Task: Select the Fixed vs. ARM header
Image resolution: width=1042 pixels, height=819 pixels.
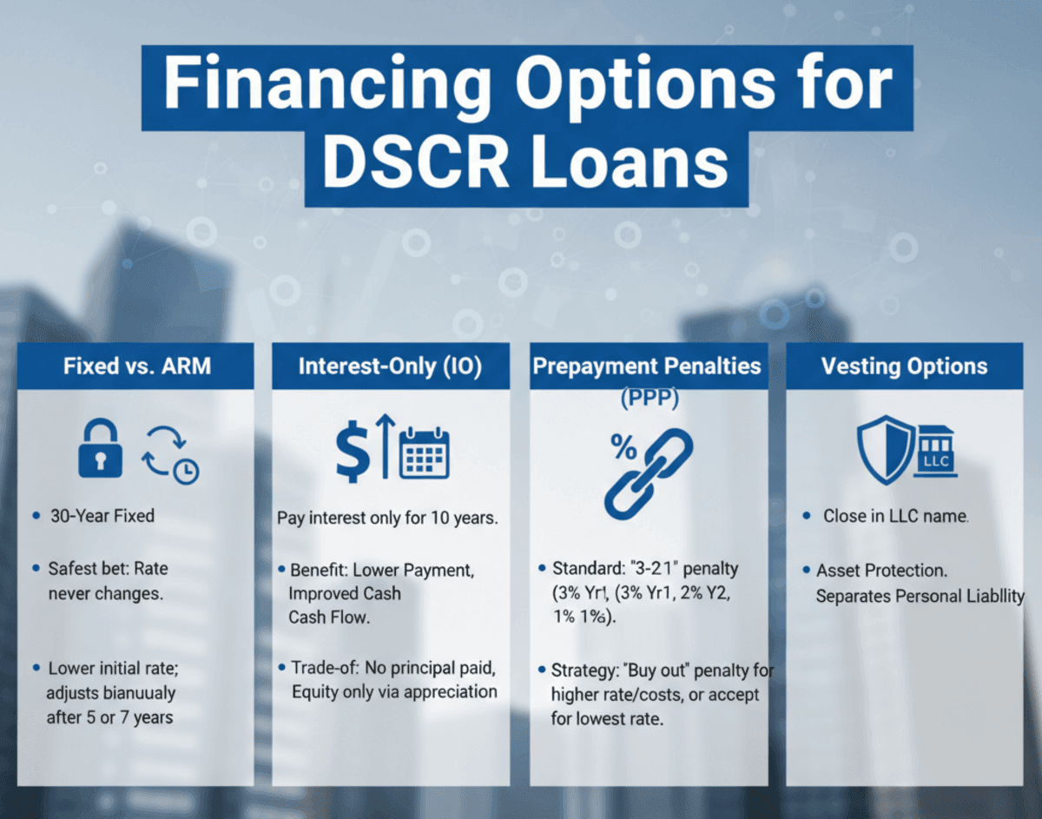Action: click(135, 366)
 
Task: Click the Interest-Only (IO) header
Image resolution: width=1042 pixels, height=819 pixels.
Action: click(390, 366)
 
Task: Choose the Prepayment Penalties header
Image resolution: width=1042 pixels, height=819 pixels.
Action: click(647, 366)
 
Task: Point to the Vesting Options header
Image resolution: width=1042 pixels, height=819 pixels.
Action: click(904, 366)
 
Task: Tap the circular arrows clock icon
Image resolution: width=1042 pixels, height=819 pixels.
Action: click(169, 453)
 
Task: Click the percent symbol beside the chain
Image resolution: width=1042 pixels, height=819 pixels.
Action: click(623, 447)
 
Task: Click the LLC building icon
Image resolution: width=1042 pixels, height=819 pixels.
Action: click(935, 452)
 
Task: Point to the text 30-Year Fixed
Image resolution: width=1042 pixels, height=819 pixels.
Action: click(101, 516)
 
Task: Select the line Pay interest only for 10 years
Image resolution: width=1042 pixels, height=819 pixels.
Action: click(386, 519)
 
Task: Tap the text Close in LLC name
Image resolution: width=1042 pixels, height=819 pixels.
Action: click(896, 516)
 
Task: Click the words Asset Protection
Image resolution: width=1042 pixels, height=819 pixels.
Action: click(881, 571)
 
